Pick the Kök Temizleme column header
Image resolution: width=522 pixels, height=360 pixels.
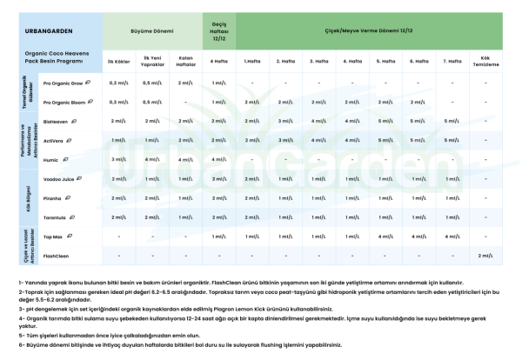coord(485,63)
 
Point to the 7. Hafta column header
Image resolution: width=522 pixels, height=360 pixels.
coord(451,62)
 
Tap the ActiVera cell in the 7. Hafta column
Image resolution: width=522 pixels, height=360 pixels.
coord(451,141)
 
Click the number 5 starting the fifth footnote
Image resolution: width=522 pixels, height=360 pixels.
coord(19,331)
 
